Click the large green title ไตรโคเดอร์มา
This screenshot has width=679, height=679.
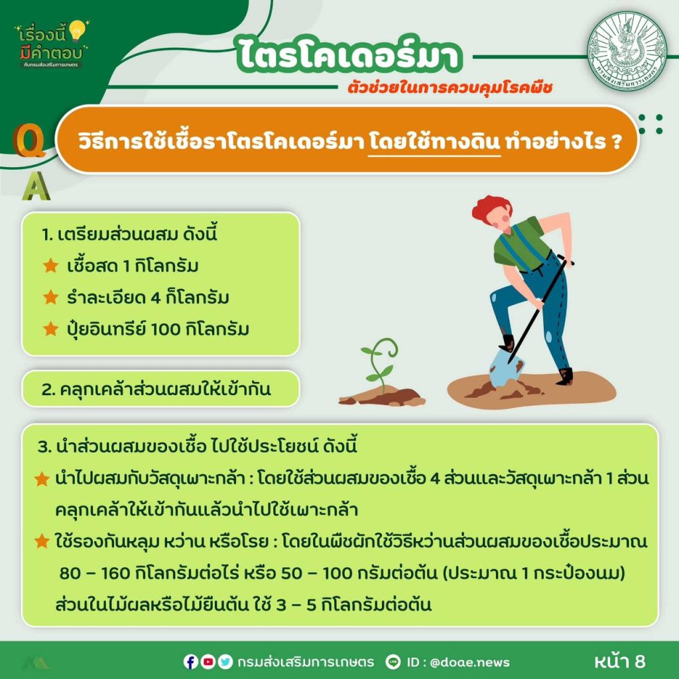point(349,56)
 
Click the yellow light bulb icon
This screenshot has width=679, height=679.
point(78,31)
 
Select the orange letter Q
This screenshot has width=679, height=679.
point(29,141)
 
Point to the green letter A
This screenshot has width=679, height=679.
point(36,186)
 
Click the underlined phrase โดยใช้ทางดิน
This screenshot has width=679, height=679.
point(434,141)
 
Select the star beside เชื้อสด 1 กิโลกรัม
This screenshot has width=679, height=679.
point(50,265)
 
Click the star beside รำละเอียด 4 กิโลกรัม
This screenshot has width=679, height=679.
point(50,297)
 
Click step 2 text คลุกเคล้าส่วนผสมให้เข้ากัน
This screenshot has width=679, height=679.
point(156,389)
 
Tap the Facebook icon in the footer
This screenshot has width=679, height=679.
point(190,662)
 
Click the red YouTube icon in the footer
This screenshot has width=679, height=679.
point(208,662)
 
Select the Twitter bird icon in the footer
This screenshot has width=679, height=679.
point(225,662)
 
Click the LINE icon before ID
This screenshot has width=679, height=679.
point(393,662)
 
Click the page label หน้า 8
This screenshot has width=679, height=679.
point(620,661)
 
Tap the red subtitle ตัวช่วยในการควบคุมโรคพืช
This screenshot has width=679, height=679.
point(450,88)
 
